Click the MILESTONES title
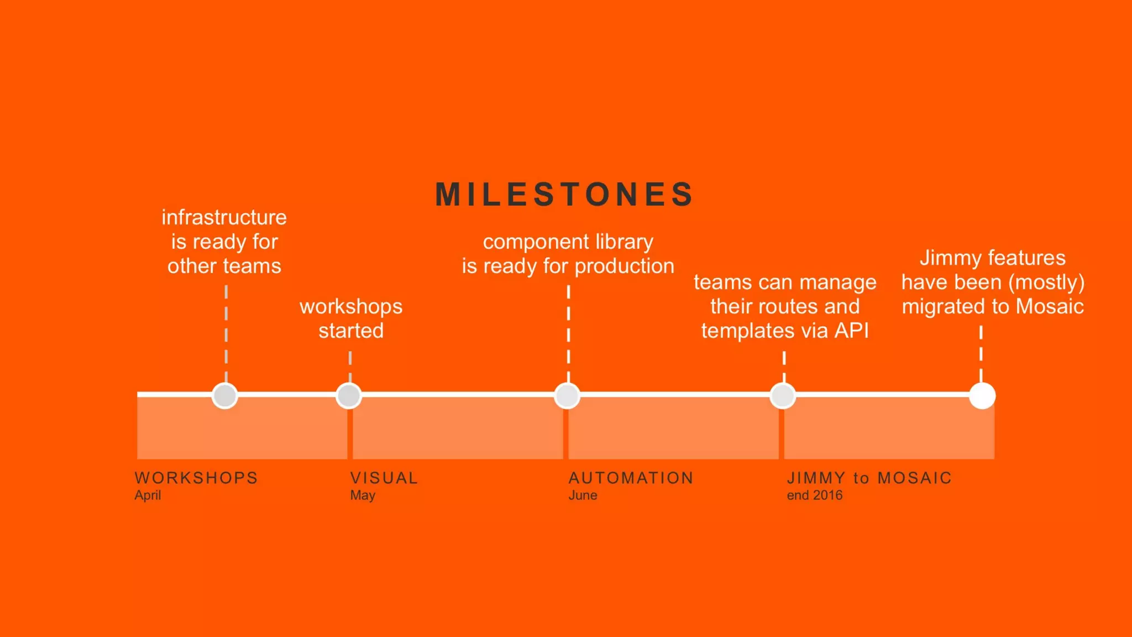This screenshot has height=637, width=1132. pyautogui.click(x=564, y=195)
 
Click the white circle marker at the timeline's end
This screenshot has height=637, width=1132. pyautogui.click(x=982, y=396)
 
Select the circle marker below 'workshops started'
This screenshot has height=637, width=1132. pyautogui.click(x=349, y=396)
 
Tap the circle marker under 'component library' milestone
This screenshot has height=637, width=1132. pyautogui.click(x=567, y=396)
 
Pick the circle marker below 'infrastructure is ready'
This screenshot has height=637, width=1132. pyautogui.click(x=225, y=396)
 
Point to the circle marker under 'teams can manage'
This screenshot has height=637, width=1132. pyautogui.click(x=783, y=396)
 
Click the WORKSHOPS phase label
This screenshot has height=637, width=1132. pyautogui.click(x=196, y=478)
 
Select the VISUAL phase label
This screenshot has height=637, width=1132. pyautogui.click(x=384, y=478)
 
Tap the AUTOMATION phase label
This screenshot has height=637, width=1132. pyautogui.click(x=631, y=478)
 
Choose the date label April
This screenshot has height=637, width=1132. pyautogui.click(x=148, y=495)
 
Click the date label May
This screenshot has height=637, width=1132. pyautogui.click(x=363, y=495)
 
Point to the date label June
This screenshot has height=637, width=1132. pyautogui.click(x=583, y=495)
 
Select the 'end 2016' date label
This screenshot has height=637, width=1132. pyautogui.click(x=815, y=495)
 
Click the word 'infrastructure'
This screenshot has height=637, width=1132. pyautogui.click(x=224, y=217)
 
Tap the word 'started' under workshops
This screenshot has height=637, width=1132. pyautogui.click(x=351, y=331)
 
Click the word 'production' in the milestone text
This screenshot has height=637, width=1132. pyautogui.click(x=624, y=266)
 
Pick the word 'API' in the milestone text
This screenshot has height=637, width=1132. pyautogui.click(x=851, y=331)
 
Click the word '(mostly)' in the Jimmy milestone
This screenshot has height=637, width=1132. pyautogui.click(x=1046, y=283)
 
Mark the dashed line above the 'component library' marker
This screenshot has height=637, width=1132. pyautogui.click(x=568, y=332)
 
